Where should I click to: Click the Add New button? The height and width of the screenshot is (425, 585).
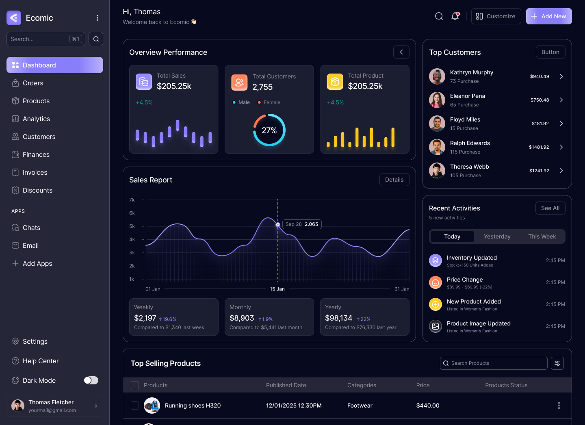coord(548,16)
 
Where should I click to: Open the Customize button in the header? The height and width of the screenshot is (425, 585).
coord(496,16)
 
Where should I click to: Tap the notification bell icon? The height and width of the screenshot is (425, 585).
coord(455,16)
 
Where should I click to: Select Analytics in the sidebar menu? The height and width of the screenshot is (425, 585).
coord(36,119)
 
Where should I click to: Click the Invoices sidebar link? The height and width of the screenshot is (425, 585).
coord(35,172)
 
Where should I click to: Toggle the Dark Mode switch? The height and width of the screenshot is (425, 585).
coord(91,380)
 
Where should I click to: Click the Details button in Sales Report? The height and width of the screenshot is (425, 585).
coord(394,180)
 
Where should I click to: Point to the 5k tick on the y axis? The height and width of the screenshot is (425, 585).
coord(132,226)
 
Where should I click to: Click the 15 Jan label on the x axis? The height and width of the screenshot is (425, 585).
coord(277,289)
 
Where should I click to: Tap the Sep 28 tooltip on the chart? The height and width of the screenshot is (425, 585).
coord(302,224)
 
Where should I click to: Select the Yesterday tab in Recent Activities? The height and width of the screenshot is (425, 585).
coord(497,236)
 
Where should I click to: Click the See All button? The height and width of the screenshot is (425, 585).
coord(550,208)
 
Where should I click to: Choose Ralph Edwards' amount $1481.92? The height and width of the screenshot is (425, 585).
coord(539,147)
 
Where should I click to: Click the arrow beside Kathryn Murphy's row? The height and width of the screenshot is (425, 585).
coord(561,76)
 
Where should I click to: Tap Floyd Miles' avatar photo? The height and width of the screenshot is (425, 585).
coord(437,124)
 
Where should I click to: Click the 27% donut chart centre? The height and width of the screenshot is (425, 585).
coord(269,130)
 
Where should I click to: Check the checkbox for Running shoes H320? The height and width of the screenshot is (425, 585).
coord(135,405)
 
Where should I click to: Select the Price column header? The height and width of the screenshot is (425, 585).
coord(423,385)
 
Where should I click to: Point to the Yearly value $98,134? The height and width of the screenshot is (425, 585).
coord(338,318)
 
